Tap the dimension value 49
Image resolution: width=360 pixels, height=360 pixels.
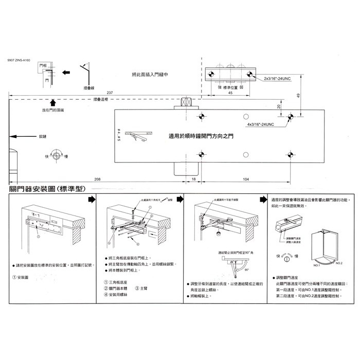pyautogui.click(x=299, y=96)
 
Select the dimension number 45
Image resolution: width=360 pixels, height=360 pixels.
pyautogui.click(x=230, y=94)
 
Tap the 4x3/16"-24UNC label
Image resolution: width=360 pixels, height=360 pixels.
pyautogui.click(x=260, y=124)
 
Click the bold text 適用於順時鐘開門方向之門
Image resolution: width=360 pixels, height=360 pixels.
pyautogui.click(x=201, y=137)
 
